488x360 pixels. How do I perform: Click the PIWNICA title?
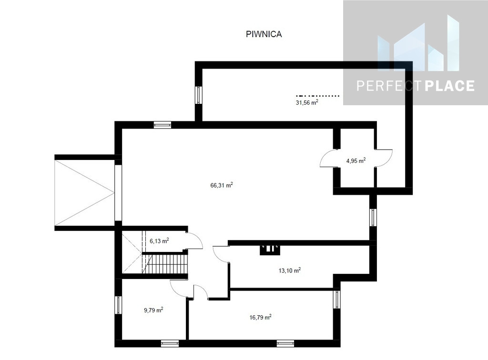(x=264, y=34)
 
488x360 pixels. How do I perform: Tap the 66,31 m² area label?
(x=222, y=185)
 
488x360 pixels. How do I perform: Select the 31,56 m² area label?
(x=307, y=102)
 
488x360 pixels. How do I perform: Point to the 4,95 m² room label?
(x=356, y=160)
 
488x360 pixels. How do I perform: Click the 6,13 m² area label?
(x=159, y=240)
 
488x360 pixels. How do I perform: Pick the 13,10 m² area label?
(x=289, y=270)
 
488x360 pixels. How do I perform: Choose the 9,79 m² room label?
(x=153, y=310)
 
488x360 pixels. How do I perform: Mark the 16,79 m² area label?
(x=261, y=318)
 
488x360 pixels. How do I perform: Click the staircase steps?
(x=165, y=264)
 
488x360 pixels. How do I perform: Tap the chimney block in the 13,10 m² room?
(x=270, y=250)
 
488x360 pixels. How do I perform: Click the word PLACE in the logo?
(x=449, y=86)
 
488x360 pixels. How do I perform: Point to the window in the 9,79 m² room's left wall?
(x=118, y=305)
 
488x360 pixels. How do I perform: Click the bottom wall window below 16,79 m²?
(x=285, y=343)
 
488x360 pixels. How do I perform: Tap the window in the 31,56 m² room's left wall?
(x=199, y=95)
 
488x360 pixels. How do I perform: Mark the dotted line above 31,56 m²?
(x=317, y=96)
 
